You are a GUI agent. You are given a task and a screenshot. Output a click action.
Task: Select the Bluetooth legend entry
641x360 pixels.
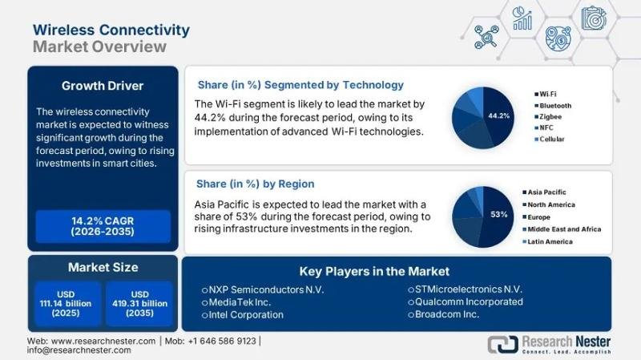554,105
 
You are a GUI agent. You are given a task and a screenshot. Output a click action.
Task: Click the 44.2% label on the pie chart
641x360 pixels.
498,115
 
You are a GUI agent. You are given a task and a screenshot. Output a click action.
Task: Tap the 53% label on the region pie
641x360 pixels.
499,214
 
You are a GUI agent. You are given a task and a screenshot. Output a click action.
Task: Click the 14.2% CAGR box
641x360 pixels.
103,226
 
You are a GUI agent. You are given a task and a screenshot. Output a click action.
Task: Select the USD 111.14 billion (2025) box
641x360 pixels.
68,302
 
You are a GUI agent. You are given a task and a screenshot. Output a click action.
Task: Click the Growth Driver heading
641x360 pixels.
103,85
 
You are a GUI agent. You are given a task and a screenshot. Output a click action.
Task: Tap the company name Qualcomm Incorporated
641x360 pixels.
468,301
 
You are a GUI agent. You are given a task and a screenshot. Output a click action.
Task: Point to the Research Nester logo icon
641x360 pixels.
502,345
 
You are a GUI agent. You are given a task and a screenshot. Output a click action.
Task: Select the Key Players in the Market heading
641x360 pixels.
374,271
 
